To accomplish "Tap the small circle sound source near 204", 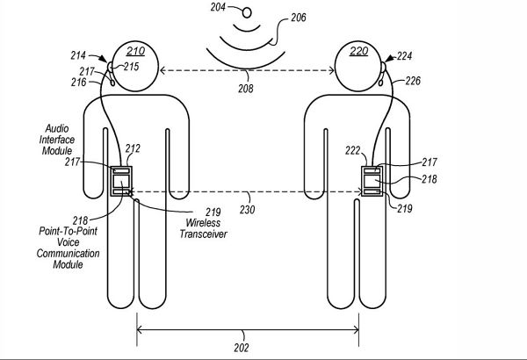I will click(246, 12).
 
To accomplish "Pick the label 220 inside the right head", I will click(358, 51).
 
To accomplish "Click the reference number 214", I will click(91, 54).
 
